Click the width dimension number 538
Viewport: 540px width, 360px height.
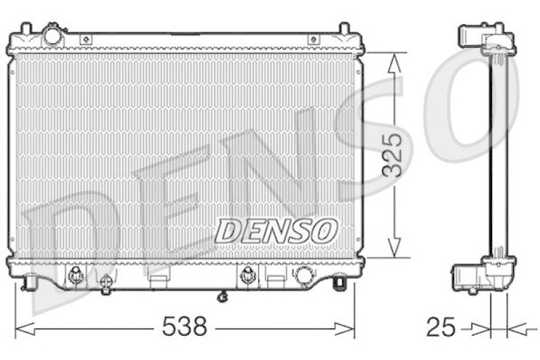click(x=184, y=329)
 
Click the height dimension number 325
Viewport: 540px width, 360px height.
click(x=393, y=155)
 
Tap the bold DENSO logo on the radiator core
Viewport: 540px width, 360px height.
click(x=276, y=231)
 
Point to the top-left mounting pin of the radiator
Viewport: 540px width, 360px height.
click(x=26, y=28)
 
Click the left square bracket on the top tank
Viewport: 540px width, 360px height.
click(x=85, y=40)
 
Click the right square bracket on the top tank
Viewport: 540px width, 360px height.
click(x=313, y=40)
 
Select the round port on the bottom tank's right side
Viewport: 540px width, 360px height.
click(x=304, y=275)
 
